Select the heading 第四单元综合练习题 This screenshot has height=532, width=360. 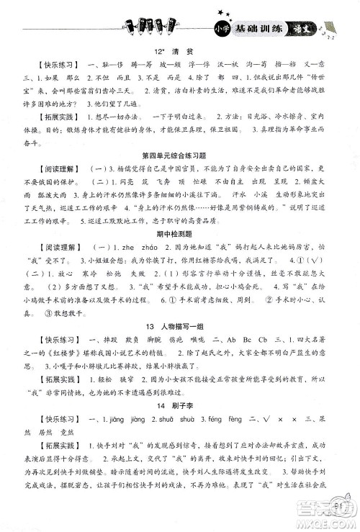[x=180, y=175]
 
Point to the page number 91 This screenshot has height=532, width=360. [x=336, y=506]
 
